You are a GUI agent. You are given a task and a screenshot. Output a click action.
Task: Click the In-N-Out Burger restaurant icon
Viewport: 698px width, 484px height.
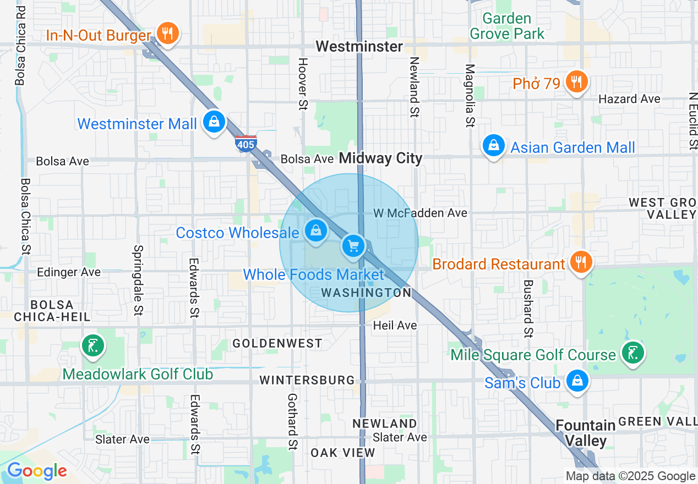[166, 34]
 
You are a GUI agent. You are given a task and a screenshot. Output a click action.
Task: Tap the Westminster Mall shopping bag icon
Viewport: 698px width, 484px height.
[213, 122]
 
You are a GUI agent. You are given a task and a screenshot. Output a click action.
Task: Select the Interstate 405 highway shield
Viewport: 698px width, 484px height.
[246, 144]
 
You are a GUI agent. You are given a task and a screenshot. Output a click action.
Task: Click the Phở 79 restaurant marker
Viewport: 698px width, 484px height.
[576, 82]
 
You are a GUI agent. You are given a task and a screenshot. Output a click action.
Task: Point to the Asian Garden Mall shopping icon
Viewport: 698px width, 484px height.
[494, 146]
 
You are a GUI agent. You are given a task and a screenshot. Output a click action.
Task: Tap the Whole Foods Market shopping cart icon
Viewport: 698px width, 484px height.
[353, 246]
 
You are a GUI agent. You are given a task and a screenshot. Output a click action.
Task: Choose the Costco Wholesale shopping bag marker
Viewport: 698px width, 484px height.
[315, 230]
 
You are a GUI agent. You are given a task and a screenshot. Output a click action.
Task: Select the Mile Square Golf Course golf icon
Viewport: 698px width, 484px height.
[633, 353]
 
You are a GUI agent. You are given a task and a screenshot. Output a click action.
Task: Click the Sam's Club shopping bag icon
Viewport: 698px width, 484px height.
[577, 381]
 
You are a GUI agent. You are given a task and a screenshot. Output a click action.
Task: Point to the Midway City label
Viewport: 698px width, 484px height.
[380, 158]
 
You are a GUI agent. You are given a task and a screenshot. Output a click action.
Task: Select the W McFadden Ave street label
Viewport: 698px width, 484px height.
[420, 213]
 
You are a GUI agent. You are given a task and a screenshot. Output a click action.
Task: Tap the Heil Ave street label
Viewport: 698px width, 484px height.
[395, 326]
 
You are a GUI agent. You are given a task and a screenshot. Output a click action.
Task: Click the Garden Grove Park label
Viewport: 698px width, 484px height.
[506, 26]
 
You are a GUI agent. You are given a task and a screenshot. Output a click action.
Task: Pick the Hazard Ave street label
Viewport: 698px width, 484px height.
[629, 99]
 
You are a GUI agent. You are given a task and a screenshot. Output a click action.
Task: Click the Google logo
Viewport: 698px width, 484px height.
[36, 471]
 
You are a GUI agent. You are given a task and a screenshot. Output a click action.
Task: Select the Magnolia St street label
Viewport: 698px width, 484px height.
[470, 96]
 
